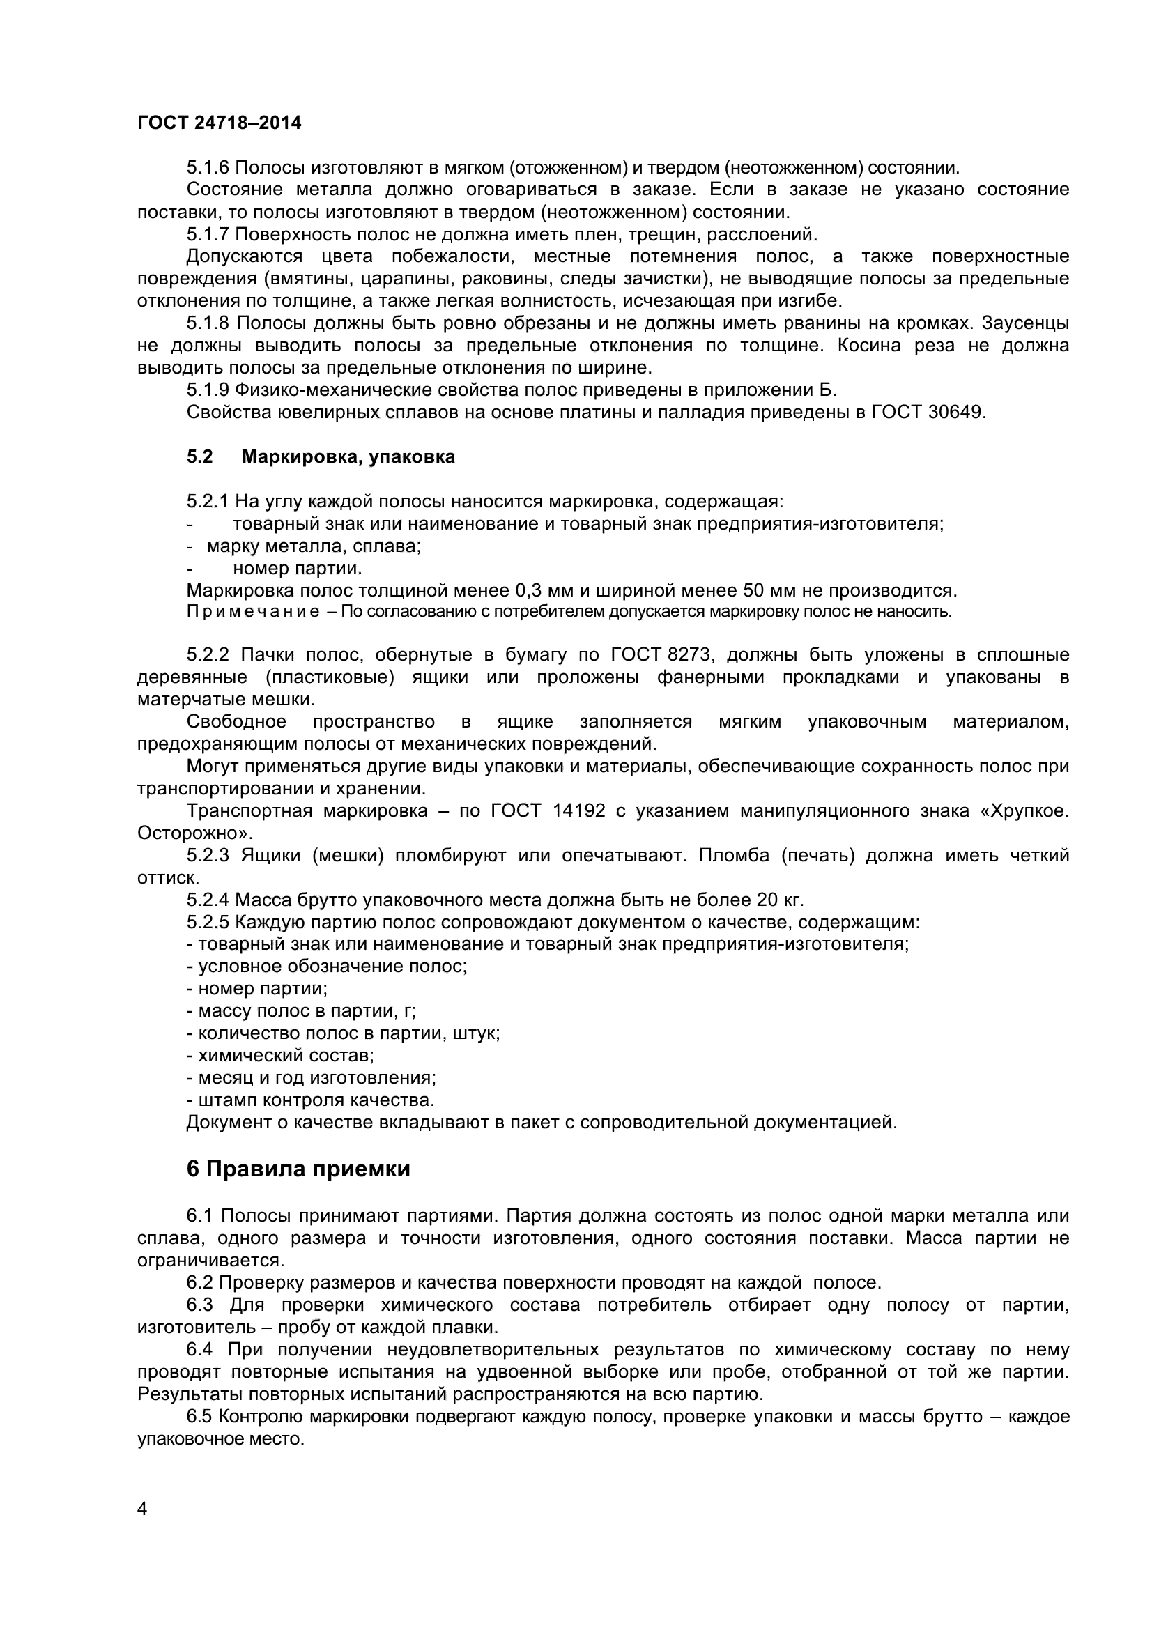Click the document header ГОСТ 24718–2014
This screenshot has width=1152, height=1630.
point(219,123)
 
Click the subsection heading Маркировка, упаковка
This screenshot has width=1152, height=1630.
point(348,457)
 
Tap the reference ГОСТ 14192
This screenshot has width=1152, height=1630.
point(547,810)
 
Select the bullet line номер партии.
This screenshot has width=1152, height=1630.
point(298,568)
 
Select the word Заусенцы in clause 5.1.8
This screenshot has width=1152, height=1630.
point(1025,323)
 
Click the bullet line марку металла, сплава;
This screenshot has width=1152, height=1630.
point(313,546)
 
